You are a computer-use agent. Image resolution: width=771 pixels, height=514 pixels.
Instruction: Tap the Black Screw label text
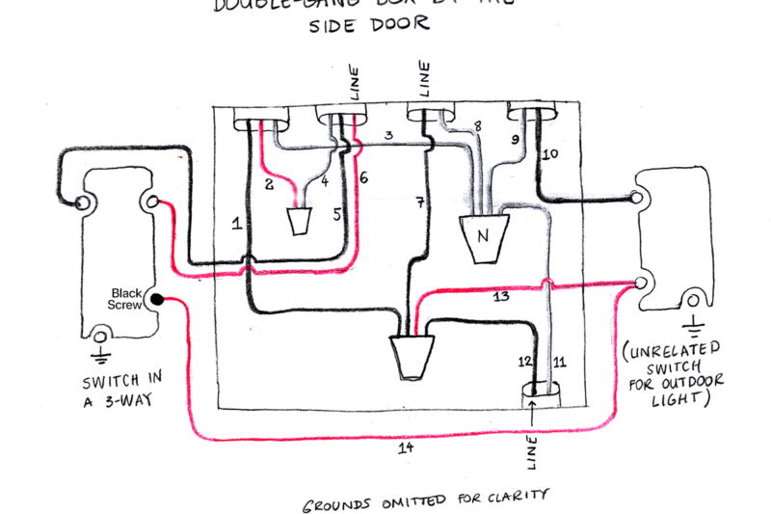tap(127, 298)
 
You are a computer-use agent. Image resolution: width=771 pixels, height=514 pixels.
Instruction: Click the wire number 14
tap(407, 448)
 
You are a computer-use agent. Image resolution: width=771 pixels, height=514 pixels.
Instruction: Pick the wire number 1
tap(236, 224)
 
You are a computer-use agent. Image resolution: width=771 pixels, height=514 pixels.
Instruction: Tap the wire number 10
tap(551, 153)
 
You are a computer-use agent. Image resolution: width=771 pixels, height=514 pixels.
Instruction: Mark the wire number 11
tap(561, 363)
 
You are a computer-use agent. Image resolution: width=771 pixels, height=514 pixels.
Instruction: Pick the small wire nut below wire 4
tap(300, 223)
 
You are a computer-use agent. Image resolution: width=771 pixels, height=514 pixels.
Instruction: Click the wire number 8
tap(476, 126)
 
